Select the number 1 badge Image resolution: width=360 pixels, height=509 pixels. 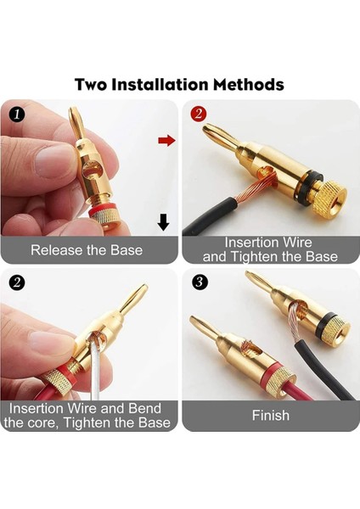pos(18,114)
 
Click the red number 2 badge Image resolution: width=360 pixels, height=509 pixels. pos(199,114)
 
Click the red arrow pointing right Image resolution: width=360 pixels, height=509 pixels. pos(166,140)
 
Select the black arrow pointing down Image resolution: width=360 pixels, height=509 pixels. pos(163,222)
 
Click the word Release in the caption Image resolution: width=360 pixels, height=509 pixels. pos(59,250)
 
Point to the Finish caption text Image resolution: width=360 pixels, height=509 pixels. pos(270,416)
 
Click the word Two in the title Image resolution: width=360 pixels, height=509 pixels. pos(93,85)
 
